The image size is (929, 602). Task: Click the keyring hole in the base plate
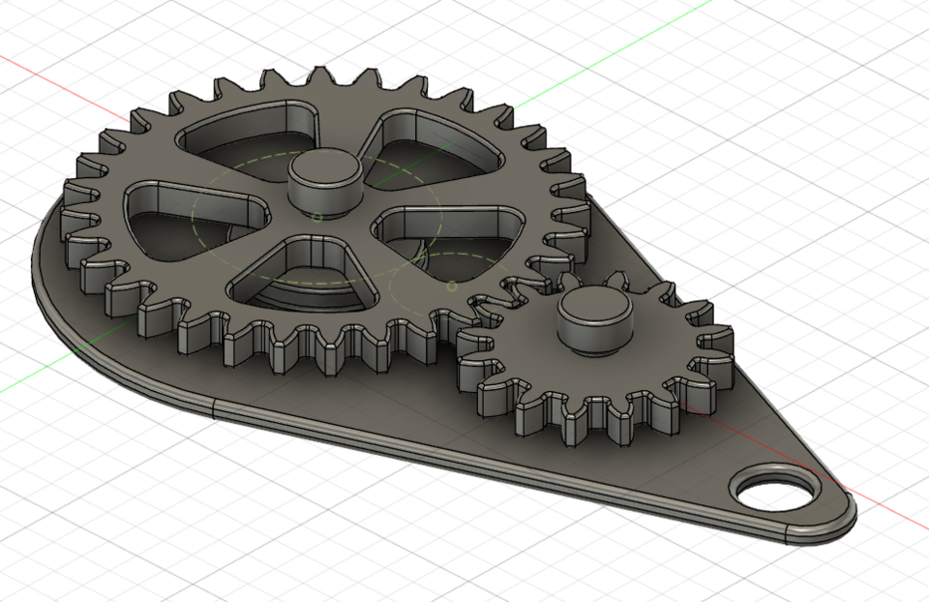click(775, 491)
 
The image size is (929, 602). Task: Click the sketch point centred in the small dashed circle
click(452, 286)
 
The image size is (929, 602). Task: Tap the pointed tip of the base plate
click(850, 508)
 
